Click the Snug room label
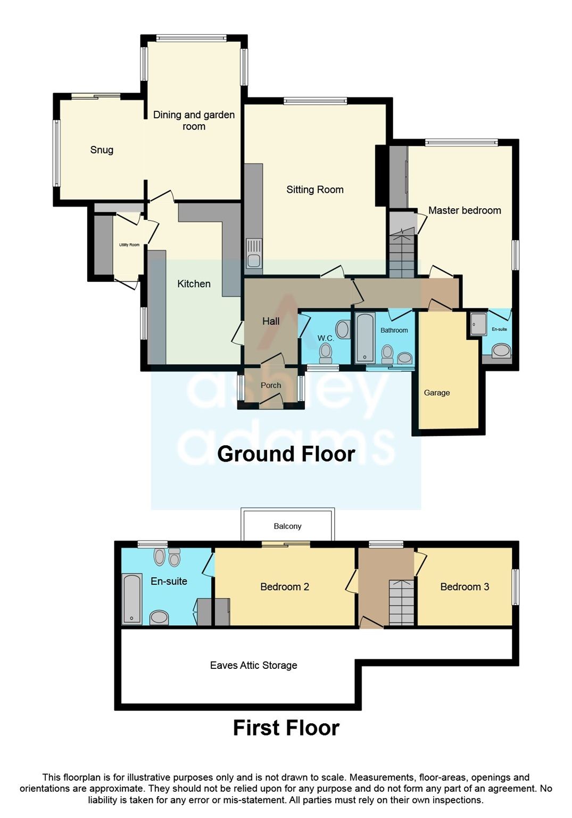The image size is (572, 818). (102, 150)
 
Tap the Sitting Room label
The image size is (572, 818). (314, 190)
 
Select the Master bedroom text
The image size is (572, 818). (464, 210)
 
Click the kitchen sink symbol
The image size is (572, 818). (254, 254)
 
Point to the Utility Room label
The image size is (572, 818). (129, 245)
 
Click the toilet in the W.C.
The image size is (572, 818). (326, 352)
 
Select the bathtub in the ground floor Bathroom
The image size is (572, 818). (365, 338)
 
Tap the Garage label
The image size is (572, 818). (437, 393)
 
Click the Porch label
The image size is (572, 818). (271, 386)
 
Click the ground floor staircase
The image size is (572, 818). (402, 253)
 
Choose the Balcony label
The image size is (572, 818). (287, 526)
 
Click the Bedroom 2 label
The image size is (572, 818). (285, 587)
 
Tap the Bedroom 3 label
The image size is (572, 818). (465, 587)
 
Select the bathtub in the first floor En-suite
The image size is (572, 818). (132, 599)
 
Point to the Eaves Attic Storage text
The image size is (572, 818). (253, 665)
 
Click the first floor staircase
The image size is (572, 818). (402, 602)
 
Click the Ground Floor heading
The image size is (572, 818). (286, 454)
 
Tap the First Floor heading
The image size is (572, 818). (286, 728)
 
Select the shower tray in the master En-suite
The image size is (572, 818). (478, 324)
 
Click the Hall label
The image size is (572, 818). (271, 321)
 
